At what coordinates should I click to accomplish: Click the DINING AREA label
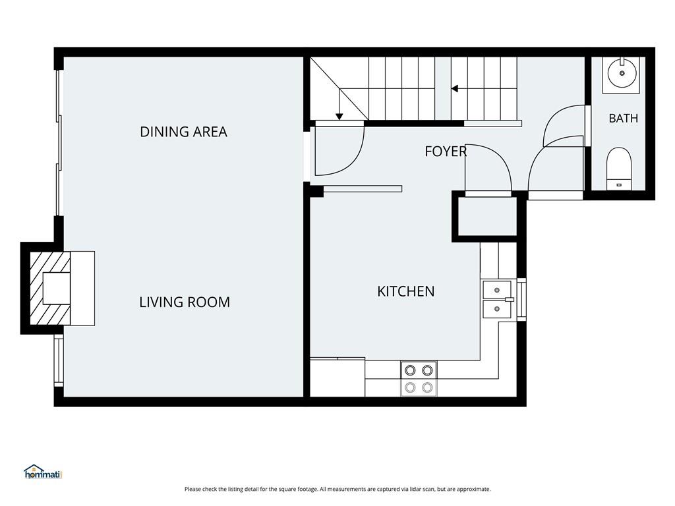(183, 132)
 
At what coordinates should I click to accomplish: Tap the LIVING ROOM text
(185, 302)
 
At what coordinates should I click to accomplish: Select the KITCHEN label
(405, 291)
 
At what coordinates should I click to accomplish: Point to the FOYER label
(446, 152)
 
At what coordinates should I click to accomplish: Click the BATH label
(623, 118)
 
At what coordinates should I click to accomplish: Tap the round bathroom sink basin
(622, 73)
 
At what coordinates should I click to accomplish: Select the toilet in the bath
(619, 169)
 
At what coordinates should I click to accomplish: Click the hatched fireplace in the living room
(50, 289)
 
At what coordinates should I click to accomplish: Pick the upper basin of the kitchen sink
(497, 290)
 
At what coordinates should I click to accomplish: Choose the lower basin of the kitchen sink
(497, 309)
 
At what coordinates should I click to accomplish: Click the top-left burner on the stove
(410, 370)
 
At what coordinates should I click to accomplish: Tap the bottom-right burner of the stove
(427, 387)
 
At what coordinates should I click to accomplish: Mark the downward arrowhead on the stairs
(339, 116)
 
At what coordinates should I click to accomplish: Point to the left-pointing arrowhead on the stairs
(454, 89)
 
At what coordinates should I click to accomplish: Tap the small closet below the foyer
(487, 216)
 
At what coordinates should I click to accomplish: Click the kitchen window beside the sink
(521, 300)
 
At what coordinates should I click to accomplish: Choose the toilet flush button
(619, 185)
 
